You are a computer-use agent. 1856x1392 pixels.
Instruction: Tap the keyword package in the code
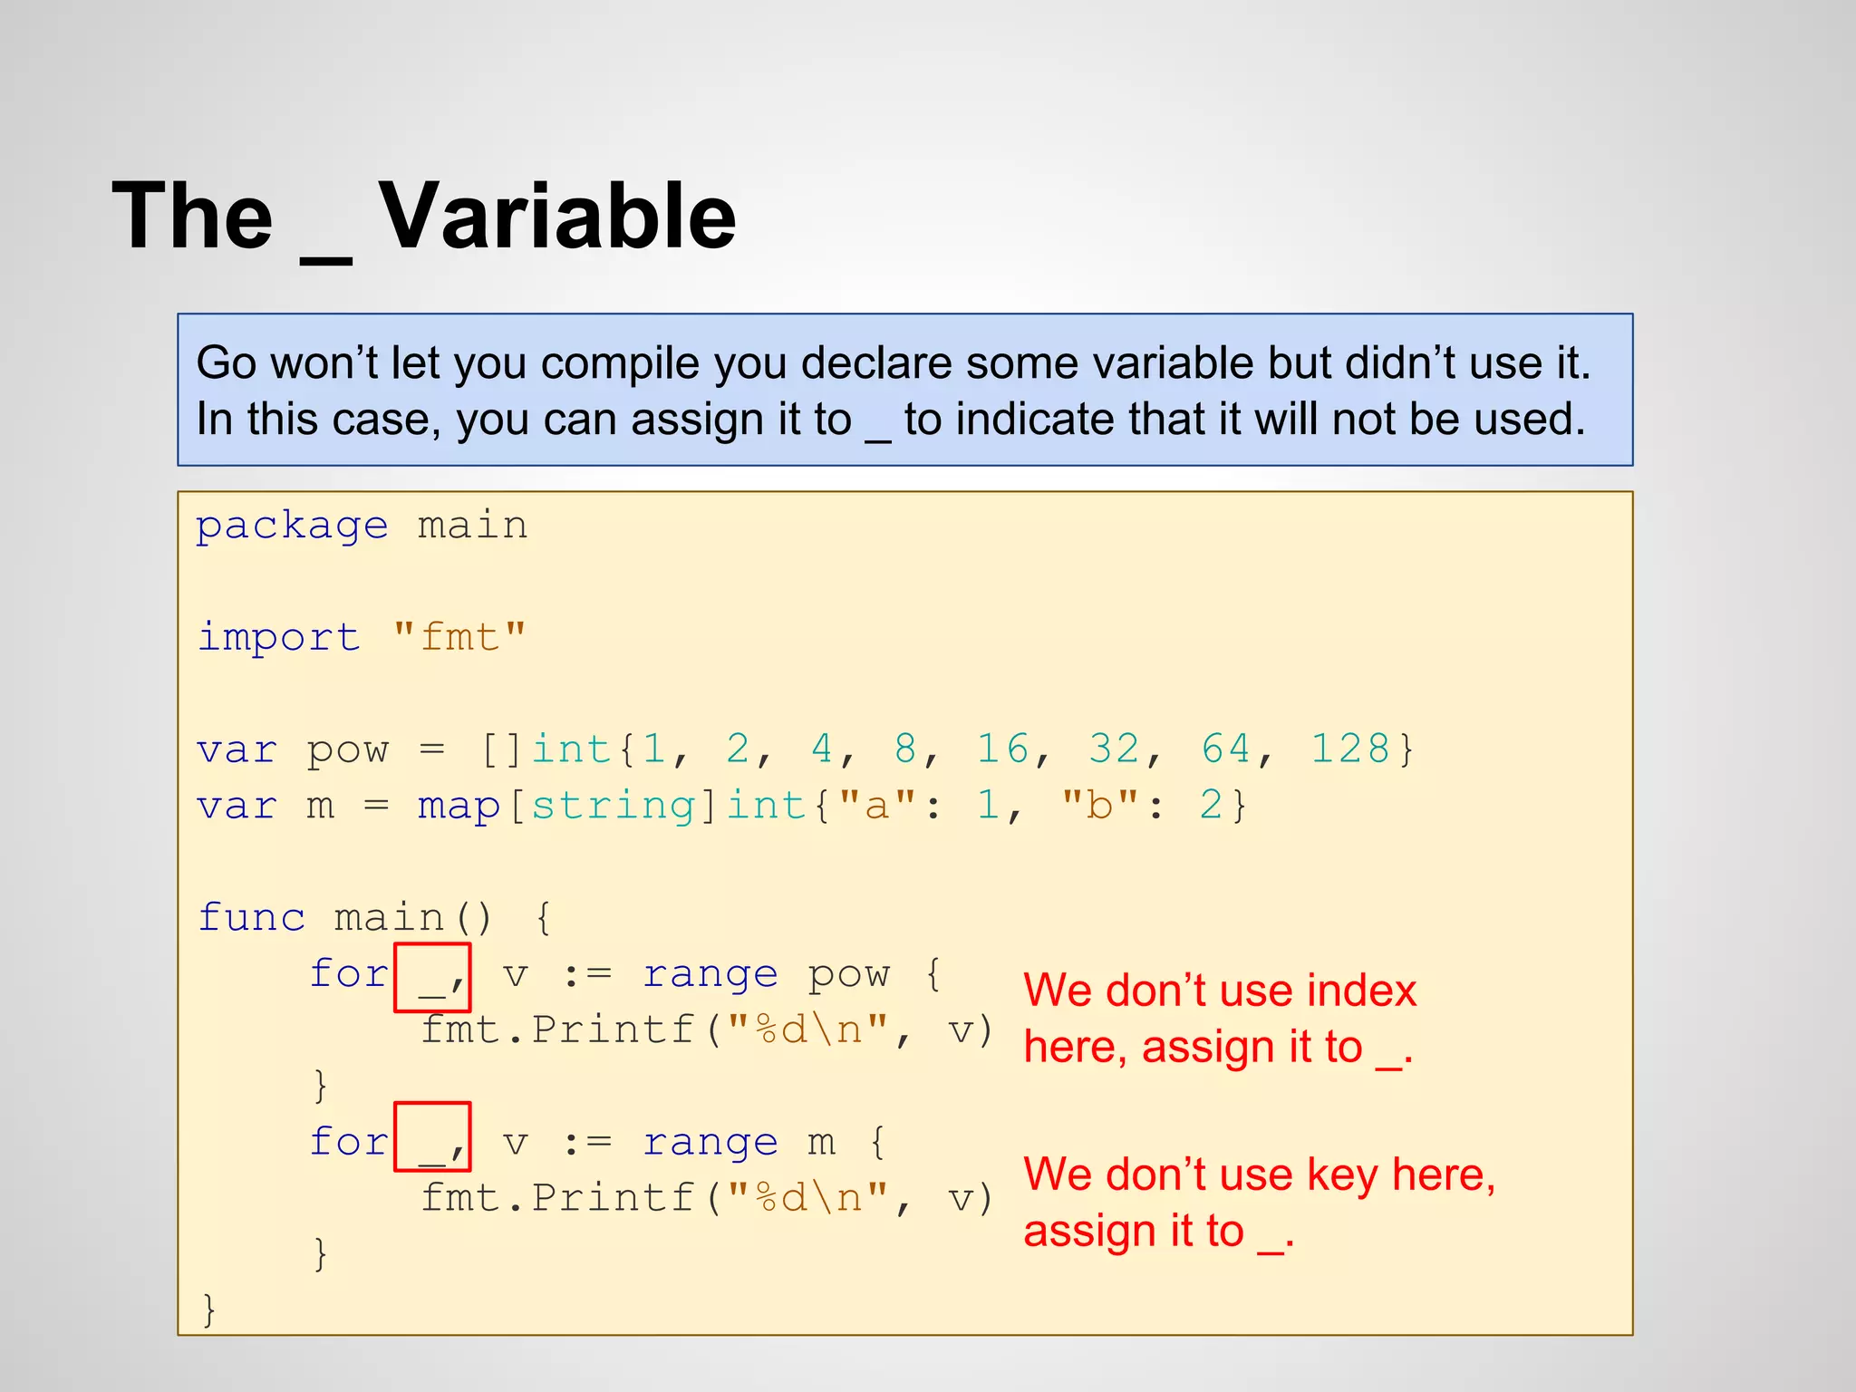pyautogui.click(x=292, y=526)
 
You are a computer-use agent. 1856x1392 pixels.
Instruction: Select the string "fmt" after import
pyautogui.click(x=459, y=637)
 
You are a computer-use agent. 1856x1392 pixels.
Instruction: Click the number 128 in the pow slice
pyautogui.click(x=1350, y=749)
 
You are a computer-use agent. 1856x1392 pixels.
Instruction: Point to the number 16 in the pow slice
pyautogui.click(x=1003, y=749)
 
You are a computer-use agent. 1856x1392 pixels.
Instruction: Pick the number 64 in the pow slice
pyautogui.click(x=1226, y=749)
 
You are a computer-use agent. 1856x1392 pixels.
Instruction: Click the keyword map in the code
pyautogui.click(x=459, y=806)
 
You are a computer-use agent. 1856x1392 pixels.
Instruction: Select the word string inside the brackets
pyautogui.click(x=613, y=806)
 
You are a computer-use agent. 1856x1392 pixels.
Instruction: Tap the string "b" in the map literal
pyautogui.click(x=1099, y=806)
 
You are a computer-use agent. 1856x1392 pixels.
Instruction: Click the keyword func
pyautogui.click(x=251, y=917)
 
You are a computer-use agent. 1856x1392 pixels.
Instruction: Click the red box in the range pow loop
pyautogui.click(x=432, y=977)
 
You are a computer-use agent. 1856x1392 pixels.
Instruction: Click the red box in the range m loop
pyautogui.click(x=432, y=1136)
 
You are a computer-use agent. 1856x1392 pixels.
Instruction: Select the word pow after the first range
pyautogui.click(x=849, y=974)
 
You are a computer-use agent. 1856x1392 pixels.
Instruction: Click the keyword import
pyautogui.click(x=278, y=637)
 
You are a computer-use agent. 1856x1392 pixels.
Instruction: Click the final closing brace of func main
pyautogui.click(x=209, y=1309)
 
